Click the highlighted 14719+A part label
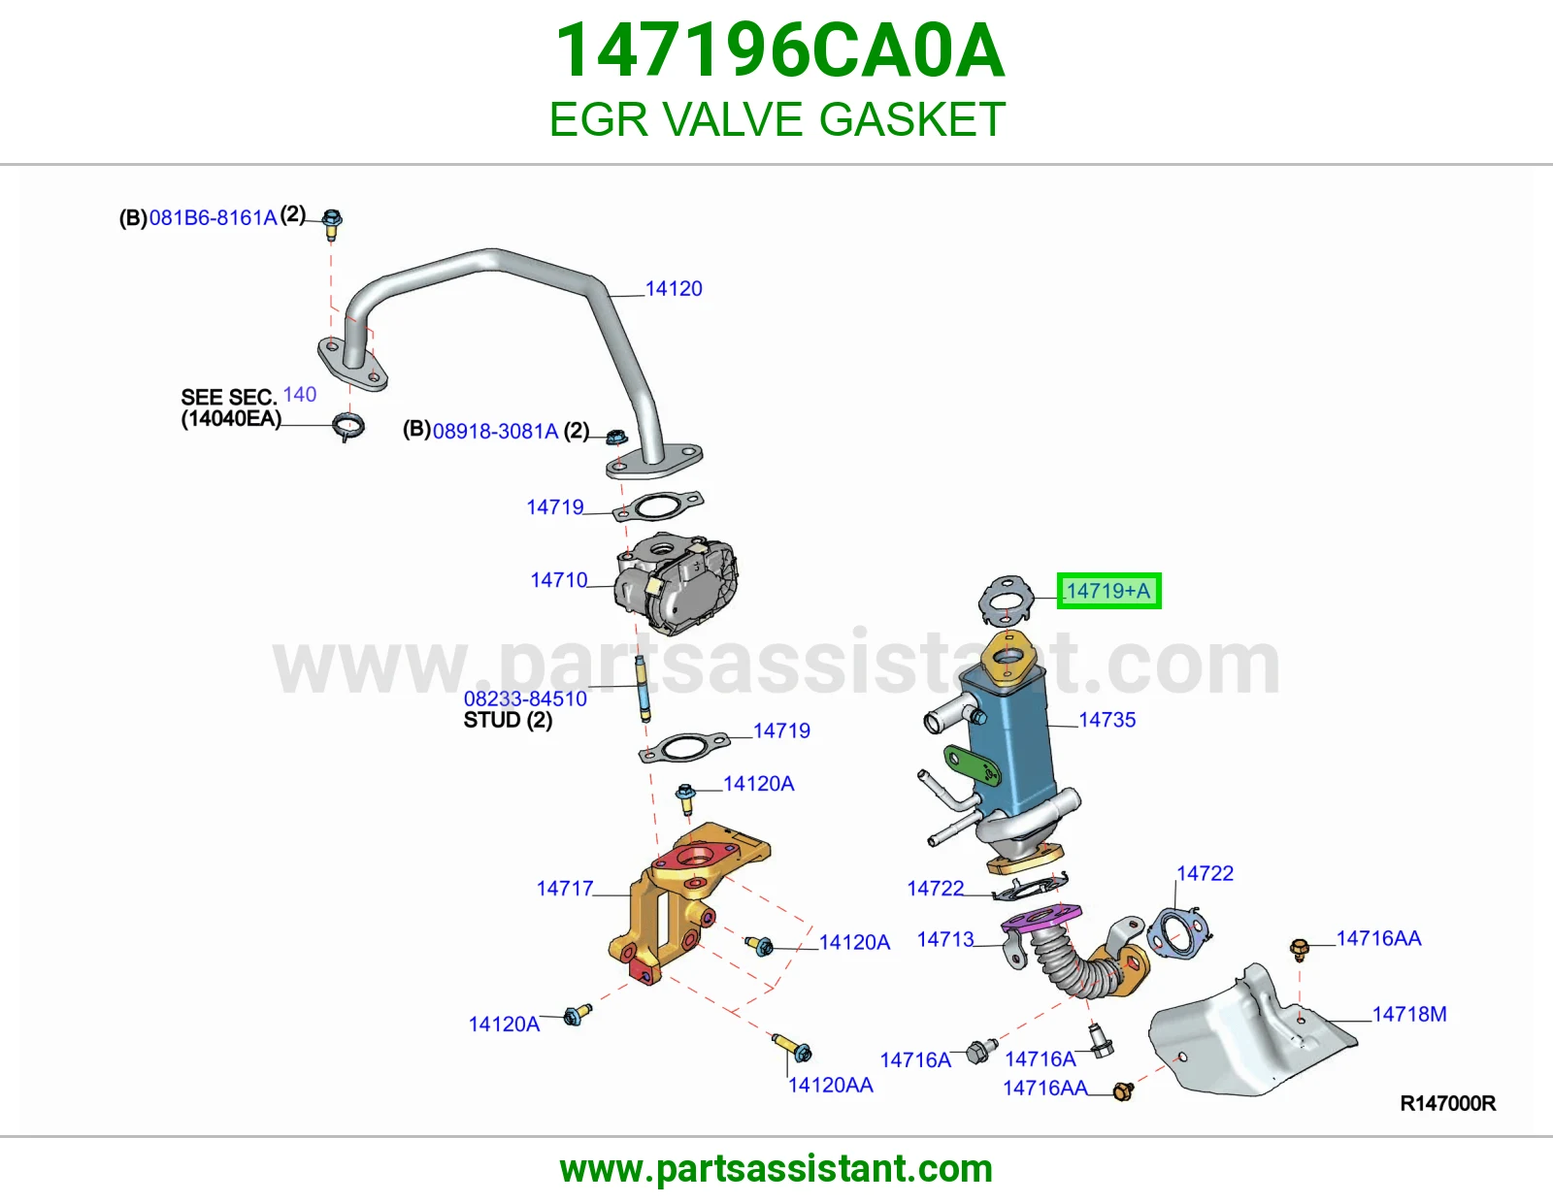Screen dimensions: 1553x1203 1108,591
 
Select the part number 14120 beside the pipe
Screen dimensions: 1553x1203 674,288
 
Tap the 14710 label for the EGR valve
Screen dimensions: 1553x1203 558,580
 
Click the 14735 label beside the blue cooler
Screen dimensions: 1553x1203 1107,719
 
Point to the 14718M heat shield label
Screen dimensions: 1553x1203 1408,1014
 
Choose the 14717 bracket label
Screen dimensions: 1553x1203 565,888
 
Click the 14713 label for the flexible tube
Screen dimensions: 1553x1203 944,939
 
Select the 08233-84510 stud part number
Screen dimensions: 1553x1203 525,699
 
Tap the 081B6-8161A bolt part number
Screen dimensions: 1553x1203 213,218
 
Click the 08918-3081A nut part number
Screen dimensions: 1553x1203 495,432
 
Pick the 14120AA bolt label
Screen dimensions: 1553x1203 830,1086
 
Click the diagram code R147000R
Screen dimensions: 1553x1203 1447,1104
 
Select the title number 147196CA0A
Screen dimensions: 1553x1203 779,50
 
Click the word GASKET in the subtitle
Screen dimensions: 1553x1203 912,119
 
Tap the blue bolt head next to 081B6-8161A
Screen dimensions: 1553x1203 332,217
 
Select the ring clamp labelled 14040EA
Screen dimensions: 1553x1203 348,427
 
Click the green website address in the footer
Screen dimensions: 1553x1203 776,1169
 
